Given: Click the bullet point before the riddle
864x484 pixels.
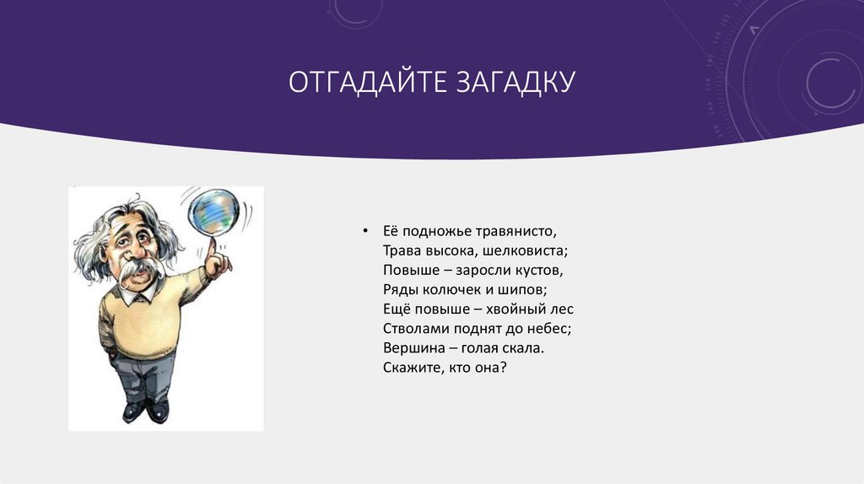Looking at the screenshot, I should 364,231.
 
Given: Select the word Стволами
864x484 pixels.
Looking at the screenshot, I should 412,329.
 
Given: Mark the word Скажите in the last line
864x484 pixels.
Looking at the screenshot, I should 408,368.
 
